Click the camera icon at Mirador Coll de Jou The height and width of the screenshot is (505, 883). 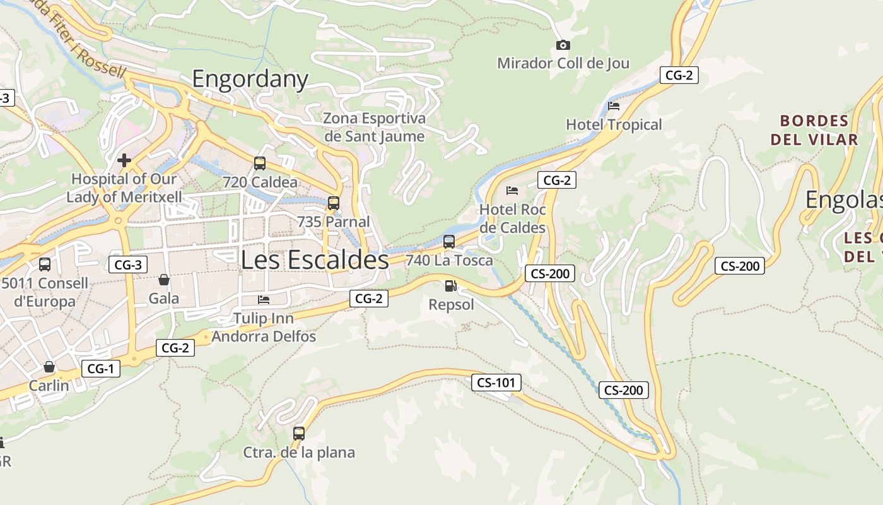pyautogui.click(x=563, y=45)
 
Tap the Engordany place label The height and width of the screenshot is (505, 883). pyautogui.click(x=250, y=79)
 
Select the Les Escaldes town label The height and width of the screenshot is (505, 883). pyautogui.click(x=315, y=259)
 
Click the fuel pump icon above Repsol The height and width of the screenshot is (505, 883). pyautogui.click(x=450, y=286)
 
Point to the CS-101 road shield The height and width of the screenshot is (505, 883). pyautogui.click(x=496, y=382)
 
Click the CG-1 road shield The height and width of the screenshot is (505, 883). pyautogui.click(x=100, y=369)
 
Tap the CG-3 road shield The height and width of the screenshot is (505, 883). pyautogui.click(x=128, y=264)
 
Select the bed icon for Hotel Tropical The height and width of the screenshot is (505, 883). pyautogui.click(x=614, y=106)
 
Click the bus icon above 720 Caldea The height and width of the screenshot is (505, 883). pyautogui.click(x=259, y=163)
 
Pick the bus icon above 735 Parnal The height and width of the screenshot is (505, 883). pyautogui.click(x=333, y=203)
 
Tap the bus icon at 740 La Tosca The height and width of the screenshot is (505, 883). pyautogui.click(x=449, y=241)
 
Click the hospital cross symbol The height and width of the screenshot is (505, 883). pyautogui.click(x=124, y=160)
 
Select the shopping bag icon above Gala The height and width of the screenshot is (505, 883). pyautogui.click(x=164, y=280)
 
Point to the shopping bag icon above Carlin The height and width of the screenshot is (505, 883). pyautogui.click(x=49, y=367)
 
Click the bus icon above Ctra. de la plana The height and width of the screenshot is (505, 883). pyautogui.click(x=299, y=434)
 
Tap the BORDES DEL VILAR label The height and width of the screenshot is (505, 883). pyautogui.click(x=814, y=130)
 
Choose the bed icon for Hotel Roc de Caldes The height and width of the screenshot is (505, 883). pyautogui.click(x=512, y=190)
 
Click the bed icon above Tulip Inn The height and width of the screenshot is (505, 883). pyautogui.click(x=264, y=299)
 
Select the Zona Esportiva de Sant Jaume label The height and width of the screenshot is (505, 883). pyautogui.click(x=375, y=127)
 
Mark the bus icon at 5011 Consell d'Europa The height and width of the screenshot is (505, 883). pyautogui.click(x=44, y=264)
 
